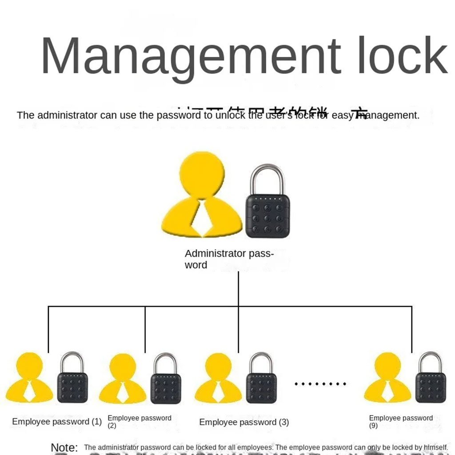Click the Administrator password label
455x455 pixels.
tap(228, 259)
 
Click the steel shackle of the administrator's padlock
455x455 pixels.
tap(267, 178)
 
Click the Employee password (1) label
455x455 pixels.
tap(57, 422)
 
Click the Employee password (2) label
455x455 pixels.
tap(139, 421)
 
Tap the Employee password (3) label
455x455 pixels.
tap(244, 422)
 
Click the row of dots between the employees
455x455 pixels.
tap(320, 383)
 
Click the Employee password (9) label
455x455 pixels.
tap(400, 421)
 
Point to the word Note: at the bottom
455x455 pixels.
tap(64, 447)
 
